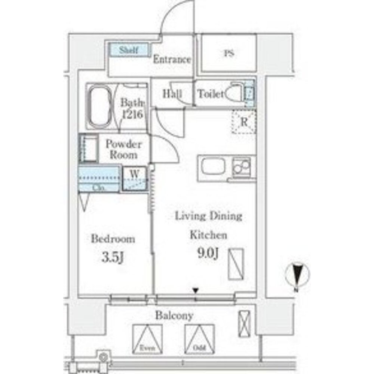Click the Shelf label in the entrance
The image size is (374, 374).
[x=129, y=50]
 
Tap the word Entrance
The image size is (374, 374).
[x=172, y=59]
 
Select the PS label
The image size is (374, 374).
[x=229, y=53]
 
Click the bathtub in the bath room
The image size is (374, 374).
[x=99, y=105]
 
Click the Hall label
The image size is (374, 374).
[x=172, y=94]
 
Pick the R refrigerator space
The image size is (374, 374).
[x=243, y=122]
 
